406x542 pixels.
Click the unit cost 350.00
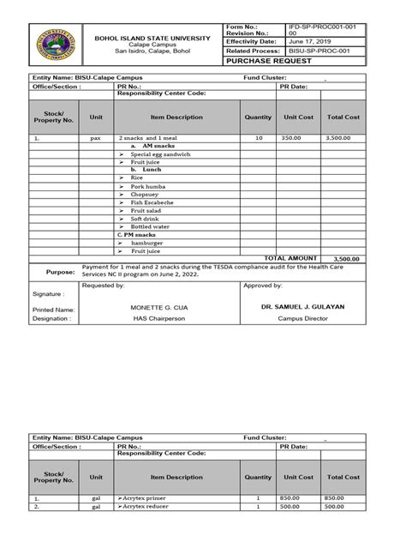(x=292, y=137)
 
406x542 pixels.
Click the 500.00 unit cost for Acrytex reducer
(x=292, y=506)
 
